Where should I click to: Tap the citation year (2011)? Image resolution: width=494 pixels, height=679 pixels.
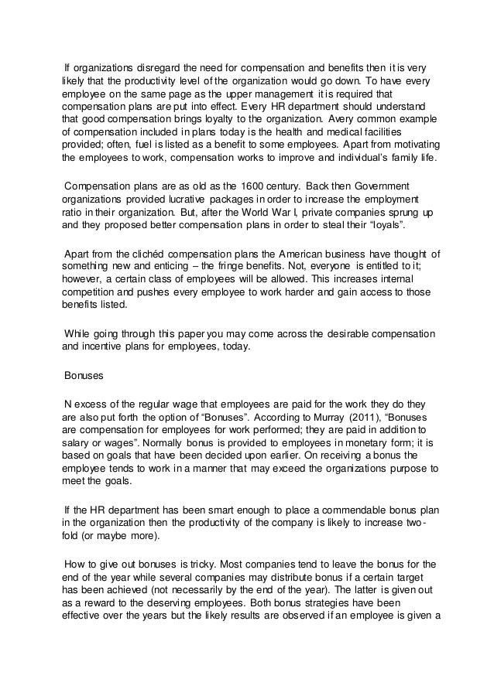click(357, 417)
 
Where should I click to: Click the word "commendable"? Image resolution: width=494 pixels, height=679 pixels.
click(328, 511)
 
